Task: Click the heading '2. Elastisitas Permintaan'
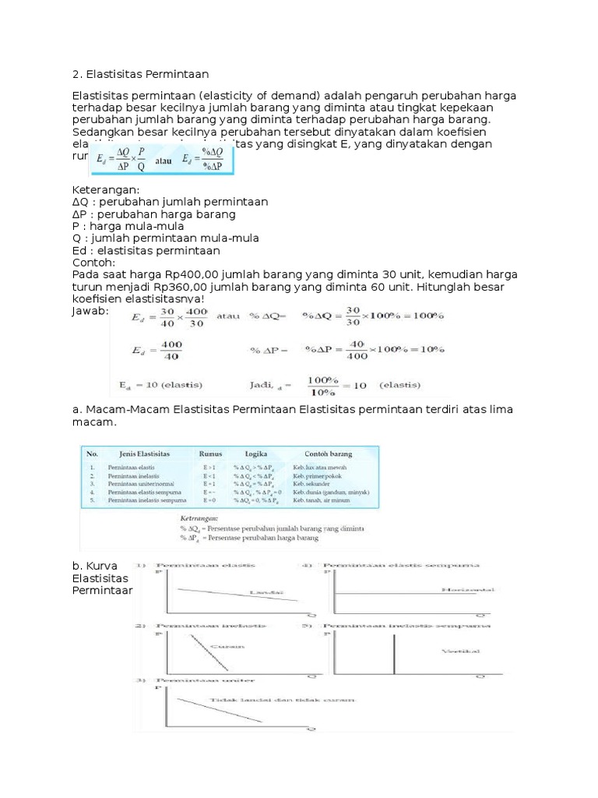[140, 74]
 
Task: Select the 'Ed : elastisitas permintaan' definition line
[146, 251]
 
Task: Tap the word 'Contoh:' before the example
[93, 263]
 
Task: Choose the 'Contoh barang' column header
[322, 453]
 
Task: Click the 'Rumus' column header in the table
[210, 453]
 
